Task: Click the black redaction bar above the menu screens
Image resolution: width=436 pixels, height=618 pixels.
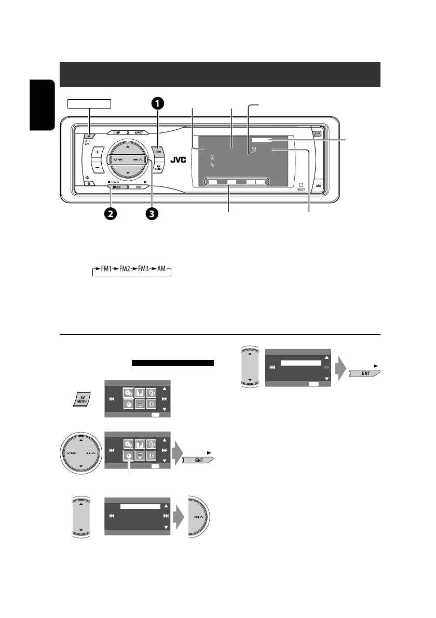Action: coord(173,362)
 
